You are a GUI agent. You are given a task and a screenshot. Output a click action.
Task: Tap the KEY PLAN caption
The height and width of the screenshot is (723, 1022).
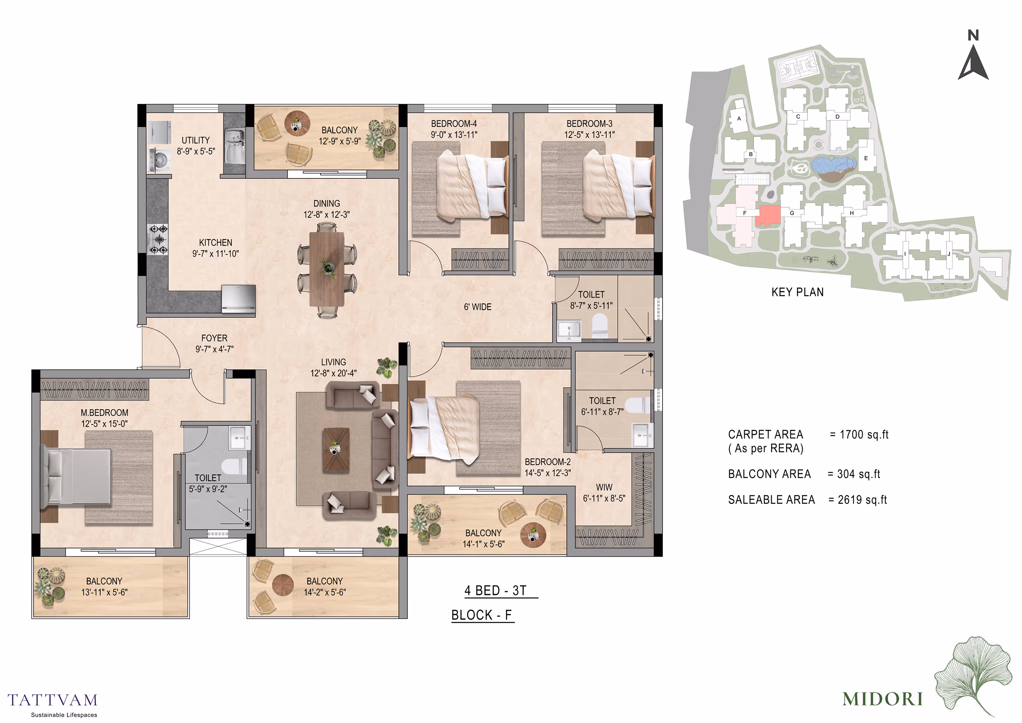coord(797,292)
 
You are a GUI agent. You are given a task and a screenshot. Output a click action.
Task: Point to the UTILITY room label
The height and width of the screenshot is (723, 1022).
coord(196,140)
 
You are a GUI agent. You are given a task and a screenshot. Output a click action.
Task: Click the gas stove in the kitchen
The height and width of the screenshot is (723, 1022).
coord(158,240)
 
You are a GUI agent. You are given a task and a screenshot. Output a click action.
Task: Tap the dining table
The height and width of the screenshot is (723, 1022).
coord(327,269)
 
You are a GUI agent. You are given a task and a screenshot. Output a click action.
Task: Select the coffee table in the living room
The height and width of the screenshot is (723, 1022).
coord(336,449)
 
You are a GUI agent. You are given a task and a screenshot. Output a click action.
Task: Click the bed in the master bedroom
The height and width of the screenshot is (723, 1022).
coord(76,476)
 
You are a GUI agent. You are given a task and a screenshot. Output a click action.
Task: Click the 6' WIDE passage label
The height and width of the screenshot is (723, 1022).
coord(478,307)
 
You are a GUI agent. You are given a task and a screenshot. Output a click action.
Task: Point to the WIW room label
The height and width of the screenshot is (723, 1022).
coord(604,487)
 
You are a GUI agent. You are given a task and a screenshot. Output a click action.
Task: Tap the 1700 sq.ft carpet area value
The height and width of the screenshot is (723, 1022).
coord(864,434)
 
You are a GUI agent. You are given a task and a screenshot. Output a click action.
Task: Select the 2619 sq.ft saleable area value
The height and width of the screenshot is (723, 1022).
coord(862,500)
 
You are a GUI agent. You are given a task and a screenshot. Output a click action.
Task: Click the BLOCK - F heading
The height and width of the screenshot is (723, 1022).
coord(483,615)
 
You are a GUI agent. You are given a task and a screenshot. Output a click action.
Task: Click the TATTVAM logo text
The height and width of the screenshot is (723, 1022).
coord(53,700)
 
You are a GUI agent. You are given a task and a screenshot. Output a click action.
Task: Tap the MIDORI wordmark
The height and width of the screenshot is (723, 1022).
coord(883,699)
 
